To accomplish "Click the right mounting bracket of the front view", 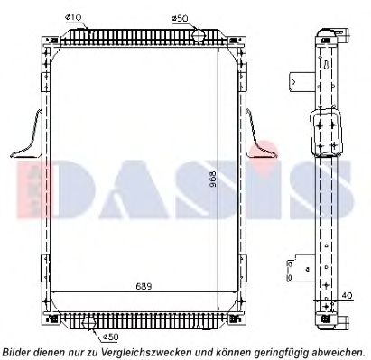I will [x=260, y=135].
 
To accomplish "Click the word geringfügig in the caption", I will [x=278, y=351].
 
